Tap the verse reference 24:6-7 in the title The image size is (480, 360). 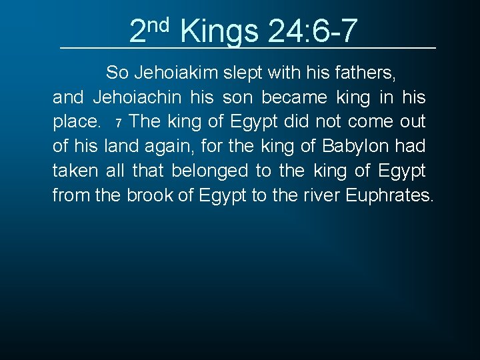[313, 31]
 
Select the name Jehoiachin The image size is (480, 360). [137, 97]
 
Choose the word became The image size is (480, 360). [294, 97]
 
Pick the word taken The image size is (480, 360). [75, 171]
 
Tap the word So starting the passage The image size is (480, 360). [117, 73]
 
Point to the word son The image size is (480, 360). [238, 97]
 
